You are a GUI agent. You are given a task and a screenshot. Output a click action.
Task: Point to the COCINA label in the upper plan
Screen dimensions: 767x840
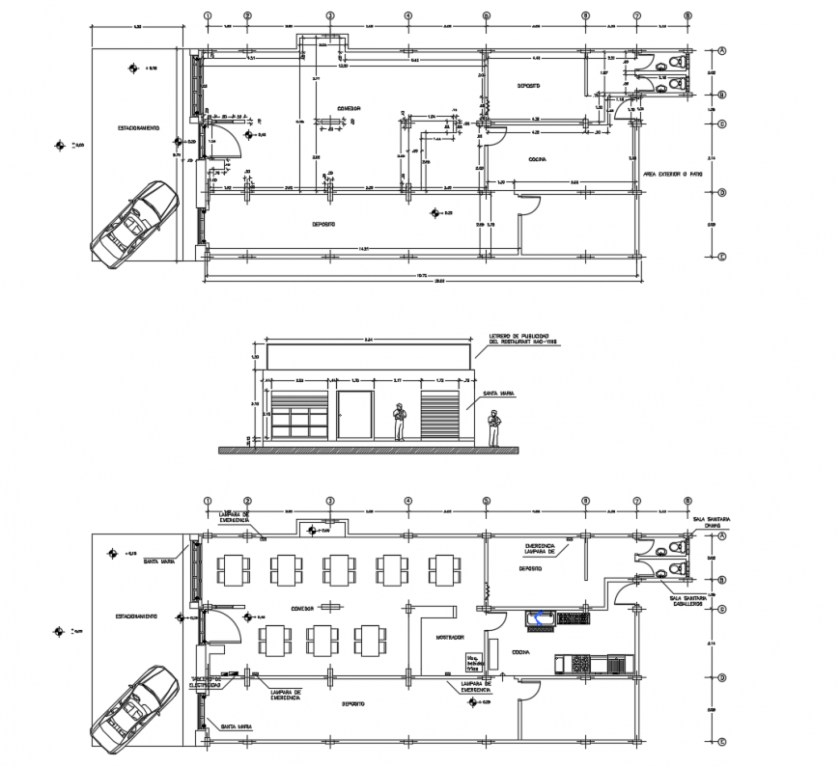click(539, 158)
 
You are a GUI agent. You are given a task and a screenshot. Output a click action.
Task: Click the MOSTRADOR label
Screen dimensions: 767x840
click(449, 637)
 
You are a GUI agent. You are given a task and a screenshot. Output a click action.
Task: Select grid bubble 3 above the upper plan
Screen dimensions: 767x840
click(329, 16)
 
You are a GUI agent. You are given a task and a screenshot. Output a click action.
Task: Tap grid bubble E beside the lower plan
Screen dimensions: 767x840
click(721, 740)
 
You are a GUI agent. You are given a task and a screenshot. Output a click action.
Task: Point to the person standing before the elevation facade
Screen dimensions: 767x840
click(399, 423)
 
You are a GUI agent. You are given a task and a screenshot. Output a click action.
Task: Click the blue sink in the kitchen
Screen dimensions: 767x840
click(537, 618)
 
